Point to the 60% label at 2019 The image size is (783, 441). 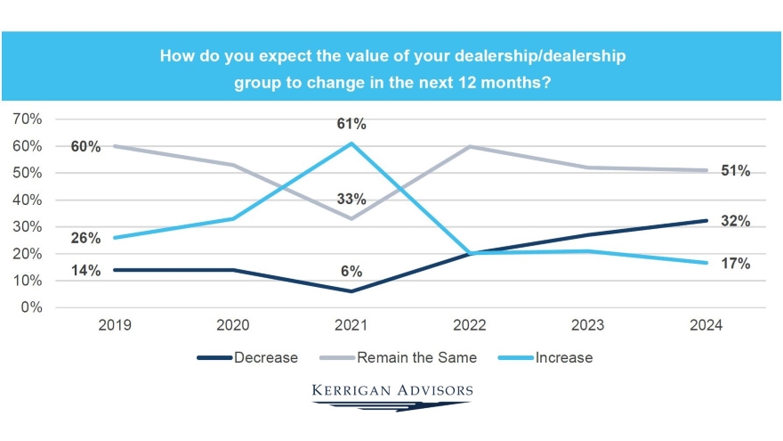[x=85, y=146]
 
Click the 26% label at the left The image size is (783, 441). [x=85, y=239]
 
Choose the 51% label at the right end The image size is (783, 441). [x=736, y=171]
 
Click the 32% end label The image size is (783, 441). [x=736, y=221]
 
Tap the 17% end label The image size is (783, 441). [x=736, y=264]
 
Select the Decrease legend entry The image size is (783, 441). [x=263, y=358]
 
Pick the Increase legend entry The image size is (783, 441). [x=563, y=358]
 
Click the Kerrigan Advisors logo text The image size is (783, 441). [x=392, y=390]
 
